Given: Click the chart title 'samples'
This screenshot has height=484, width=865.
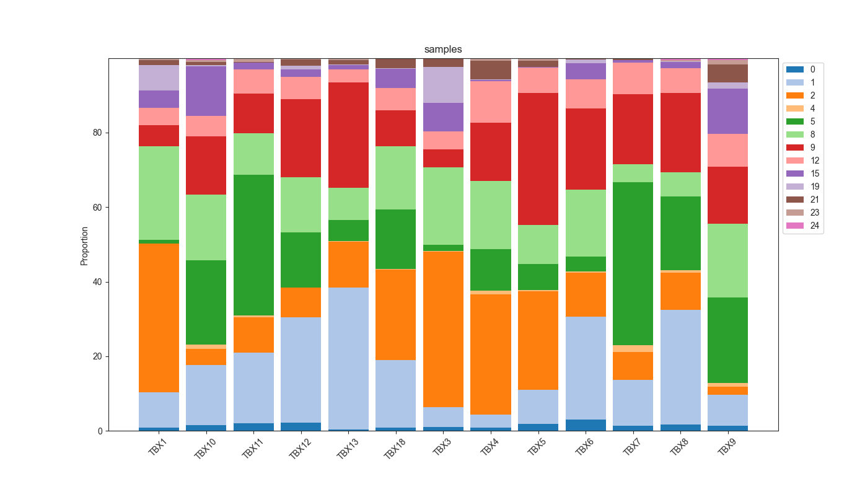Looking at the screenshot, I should [443, 50].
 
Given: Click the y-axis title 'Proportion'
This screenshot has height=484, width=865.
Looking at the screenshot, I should [85, 246].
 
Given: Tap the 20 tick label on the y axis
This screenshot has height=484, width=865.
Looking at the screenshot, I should [97, 356].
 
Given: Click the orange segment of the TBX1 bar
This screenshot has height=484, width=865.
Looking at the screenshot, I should [159, 318].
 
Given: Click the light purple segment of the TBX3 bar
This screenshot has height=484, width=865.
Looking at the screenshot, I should [443, 85].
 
